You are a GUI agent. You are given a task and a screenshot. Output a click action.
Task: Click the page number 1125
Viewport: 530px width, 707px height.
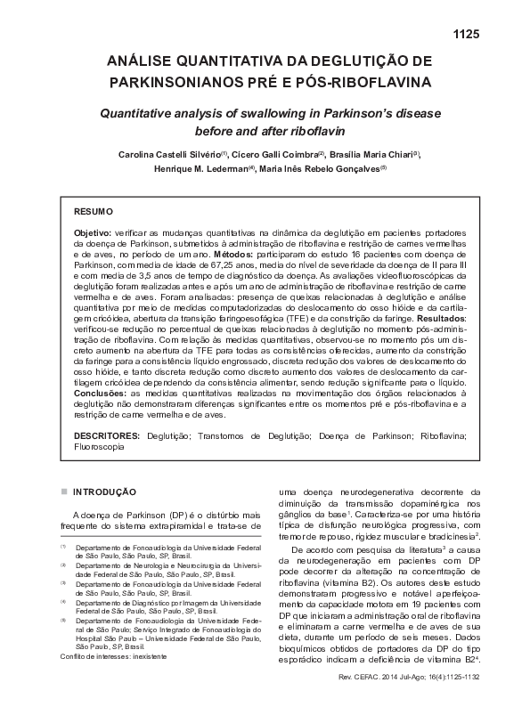point(467,35)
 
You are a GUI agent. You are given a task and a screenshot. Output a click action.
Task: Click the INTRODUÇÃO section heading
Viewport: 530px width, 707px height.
point(104,491)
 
